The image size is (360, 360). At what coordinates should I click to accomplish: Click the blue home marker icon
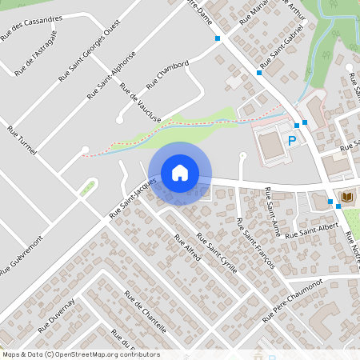180,173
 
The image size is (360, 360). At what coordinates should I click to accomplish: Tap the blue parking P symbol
292,141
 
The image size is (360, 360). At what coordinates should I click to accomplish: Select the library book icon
347,197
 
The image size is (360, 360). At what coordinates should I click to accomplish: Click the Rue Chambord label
167,74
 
